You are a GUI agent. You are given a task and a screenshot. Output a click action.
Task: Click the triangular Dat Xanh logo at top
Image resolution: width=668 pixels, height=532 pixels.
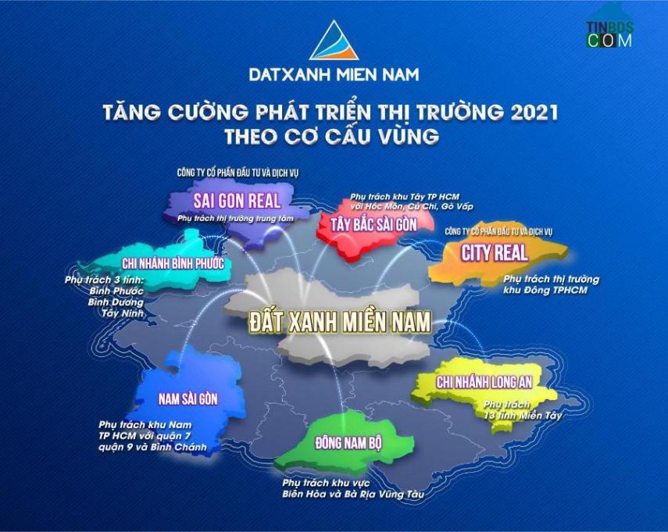pos(334,41)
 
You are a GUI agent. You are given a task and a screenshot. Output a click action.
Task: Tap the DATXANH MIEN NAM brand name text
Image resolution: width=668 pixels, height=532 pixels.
pos(334,75)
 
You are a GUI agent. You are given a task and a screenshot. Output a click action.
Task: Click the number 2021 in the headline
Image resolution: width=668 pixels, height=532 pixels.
pos(534,112)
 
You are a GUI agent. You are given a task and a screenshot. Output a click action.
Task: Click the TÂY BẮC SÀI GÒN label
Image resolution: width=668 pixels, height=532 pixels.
pos(373,225)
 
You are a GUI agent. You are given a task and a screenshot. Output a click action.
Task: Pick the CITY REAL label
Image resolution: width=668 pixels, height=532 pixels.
pos(495,253)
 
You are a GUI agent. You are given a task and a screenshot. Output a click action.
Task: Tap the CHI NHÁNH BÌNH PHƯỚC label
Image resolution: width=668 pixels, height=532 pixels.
pos(173,263)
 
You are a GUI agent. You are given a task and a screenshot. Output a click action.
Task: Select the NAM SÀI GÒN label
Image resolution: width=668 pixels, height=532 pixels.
pos(188,398)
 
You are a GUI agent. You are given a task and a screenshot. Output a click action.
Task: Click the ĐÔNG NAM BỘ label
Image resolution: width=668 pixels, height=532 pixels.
pos(348,443)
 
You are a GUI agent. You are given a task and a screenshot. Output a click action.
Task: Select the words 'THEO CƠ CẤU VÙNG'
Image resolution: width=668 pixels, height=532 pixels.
pos(331,136)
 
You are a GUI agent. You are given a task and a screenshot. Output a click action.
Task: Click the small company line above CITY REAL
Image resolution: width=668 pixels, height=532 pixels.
pos(498,231)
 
